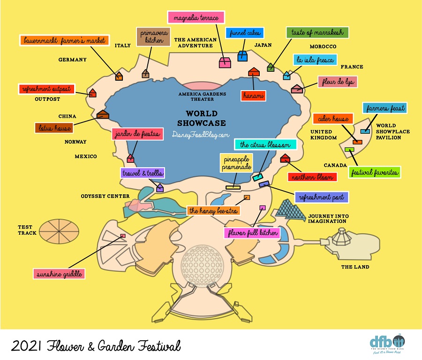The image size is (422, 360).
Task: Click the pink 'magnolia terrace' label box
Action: click(196, 17)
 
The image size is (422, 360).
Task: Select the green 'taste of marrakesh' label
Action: click(317, 32)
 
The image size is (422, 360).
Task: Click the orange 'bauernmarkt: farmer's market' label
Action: click(64, 40)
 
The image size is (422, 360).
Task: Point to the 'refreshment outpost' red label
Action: click(46, 89)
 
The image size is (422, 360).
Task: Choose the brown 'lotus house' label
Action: click(53, 128)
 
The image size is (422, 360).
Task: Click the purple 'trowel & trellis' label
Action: click(143, 173)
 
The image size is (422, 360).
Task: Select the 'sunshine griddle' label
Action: click(59, 273)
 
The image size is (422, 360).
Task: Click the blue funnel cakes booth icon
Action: click(242, 56)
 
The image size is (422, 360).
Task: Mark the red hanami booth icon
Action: click(254, 72)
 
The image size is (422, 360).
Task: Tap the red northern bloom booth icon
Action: click(284, 159)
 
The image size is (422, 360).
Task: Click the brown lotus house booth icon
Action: click(102, 114)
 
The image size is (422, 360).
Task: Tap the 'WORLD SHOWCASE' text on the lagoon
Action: click(202, 118)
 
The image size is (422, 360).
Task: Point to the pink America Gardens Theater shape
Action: click(202, 86)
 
